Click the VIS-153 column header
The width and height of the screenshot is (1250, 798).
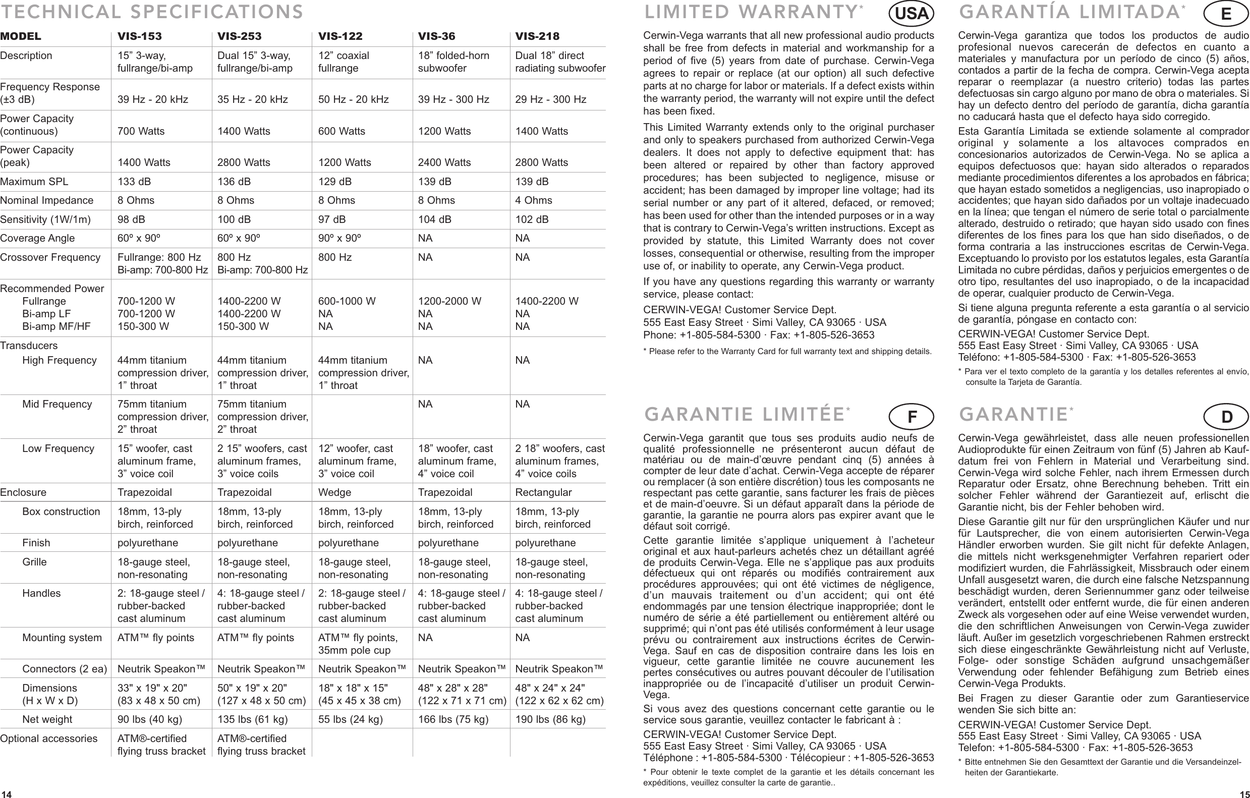tap(139, 36)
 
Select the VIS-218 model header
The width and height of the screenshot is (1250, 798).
tap(537, 36)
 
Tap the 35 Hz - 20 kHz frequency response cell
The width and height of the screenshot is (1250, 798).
tap(252, 100)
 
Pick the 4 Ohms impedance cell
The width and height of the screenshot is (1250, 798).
tap(533, 200)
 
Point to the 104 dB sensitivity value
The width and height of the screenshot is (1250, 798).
tap(434, 219)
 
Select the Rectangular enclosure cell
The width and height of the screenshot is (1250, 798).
tap(543, 492)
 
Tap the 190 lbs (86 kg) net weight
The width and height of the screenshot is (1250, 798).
tap(550, 720)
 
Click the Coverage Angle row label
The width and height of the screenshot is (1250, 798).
tap(37, 238)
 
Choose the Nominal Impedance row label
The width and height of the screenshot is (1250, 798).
tap(47, 200)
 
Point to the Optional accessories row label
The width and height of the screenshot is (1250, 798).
tap(49, 738)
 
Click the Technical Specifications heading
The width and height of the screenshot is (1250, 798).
tap(151, 12)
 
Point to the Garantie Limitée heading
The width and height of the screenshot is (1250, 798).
tap(745, 415)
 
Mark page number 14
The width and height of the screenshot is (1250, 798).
tap(6, 794)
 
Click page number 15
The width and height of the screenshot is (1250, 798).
tap(1244, 794)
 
